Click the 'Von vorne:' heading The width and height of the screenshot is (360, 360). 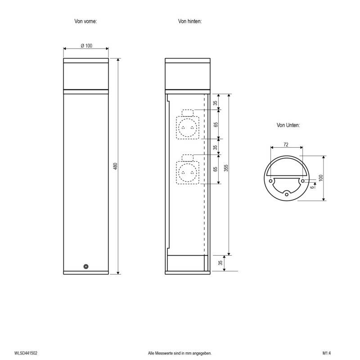coord(85,21)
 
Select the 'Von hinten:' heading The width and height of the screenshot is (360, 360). coord(189,21)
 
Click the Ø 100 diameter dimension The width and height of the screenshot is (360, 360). coord(86,46)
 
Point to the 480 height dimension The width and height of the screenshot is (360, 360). coord(115,166)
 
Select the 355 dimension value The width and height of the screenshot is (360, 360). coord(227,167)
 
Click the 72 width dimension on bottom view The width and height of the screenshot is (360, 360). coord(286,144)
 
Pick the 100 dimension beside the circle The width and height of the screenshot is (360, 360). coord(321,178)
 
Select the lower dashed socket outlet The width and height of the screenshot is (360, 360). coord(188,171)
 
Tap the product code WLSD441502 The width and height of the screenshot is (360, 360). coord(26,354)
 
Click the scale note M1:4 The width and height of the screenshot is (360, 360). coord(327,354)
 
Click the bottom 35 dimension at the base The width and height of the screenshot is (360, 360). coord(220,263)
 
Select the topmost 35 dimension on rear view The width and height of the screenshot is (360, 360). coord(215,103)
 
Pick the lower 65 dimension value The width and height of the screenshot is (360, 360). coord(215,169)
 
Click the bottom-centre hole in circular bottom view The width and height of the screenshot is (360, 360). coord(287,194)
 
